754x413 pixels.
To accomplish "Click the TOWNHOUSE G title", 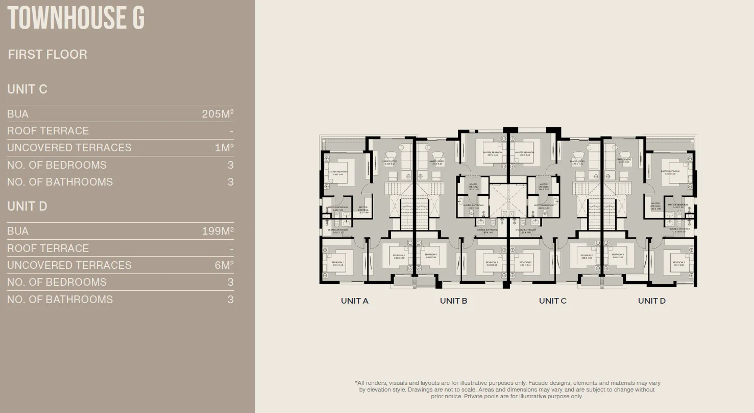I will (x=76, y=18).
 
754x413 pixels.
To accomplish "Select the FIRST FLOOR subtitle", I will (x=47, y=55).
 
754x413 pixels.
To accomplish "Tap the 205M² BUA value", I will (x=217, y=114).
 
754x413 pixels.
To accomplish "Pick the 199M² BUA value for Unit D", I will (x=217, y=231).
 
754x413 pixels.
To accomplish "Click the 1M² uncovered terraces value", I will (x=224, y=148).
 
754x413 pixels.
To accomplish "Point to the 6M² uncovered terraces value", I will (x=224, y=265).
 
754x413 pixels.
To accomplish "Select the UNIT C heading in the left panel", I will (x=27, y=89).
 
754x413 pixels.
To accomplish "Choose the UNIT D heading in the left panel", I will (x=27, y=206).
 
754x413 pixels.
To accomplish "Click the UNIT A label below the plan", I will (x=354, y=301).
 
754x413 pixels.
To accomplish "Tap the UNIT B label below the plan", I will (x=453, y=301).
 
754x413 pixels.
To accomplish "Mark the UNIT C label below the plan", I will (x=552, y=301).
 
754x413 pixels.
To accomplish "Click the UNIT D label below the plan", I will (x=651, y=301).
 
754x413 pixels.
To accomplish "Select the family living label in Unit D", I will (x=623, y=160).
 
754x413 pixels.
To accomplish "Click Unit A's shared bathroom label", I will (x=337, y=231).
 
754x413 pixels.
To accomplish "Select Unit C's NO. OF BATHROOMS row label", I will (x=60, y=182).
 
